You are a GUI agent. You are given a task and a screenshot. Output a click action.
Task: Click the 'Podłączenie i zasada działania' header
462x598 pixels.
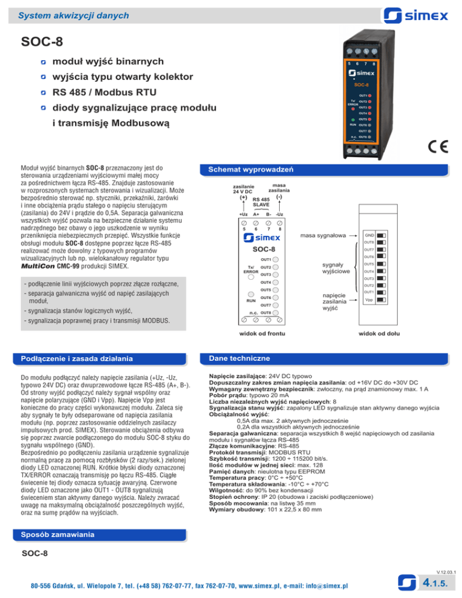click(76, 360)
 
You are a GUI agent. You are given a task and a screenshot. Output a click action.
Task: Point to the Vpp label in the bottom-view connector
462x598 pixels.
click(369, 299)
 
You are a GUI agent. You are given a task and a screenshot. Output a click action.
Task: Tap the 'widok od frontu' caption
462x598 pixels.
click(259, 332)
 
